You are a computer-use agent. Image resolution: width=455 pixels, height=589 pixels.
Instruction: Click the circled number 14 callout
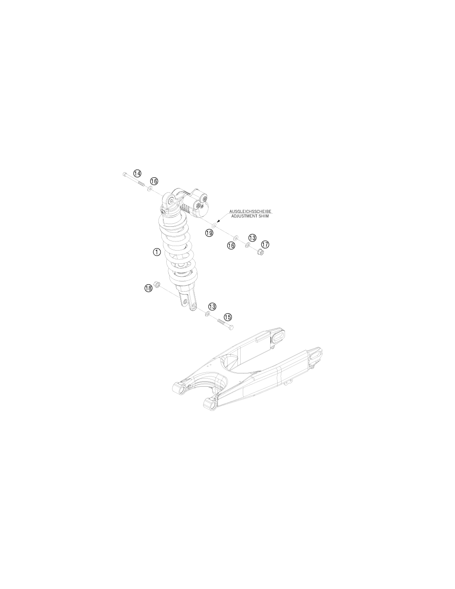(x=137, y=173)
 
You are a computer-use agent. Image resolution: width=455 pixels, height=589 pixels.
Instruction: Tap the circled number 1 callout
(x=157, y=252)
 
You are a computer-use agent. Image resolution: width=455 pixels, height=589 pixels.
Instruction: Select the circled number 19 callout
(x=209, y=232)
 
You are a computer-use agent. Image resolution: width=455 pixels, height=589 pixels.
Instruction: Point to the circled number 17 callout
(x=265, y=244)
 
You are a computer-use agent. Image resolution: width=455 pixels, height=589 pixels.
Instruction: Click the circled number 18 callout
(x=148, y=288)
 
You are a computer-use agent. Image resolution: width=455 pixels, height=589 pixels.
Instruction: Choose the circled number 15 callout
(x=227, y=317)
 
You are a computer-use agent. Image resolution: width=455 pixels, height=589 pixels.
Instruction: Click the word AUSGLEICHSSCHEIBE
(x=250, y=211)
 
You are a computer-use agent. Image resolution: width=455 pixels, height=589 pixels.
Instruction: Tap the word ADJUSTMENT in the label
(x=243, y=216)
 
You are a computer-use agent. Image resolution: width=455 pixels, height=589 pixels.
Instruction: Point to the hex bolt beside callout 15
(x=225, y=324)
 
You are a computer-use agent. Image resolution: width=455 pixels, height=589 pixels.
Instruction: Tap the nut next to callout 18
(x=156, y=284)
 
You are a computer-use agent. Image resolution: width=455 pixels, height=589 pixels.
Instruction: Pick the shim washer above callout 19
(x=214, y=224)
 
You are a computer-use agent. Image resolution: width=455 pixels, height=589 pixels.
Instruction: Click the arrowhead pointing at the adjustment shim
(x=219, y=221)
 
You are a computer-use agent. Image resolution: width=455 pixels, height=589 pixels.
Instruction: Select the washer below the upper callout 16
(x=150, y=188)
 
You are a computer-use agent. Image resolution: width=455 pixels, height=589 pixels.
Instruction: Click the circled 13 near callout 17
(x=252, y=238)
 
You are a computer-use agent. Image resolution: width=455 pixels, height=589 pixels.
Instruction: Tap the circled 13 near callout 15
(x=212, y=307)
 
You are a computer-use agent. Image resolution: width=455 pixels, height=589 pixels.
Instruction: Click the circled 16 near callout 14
(x=154, y=181)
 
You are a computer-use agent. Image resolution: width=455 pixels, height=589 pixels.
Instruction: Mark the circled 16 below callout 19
(x=231, y=246)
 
